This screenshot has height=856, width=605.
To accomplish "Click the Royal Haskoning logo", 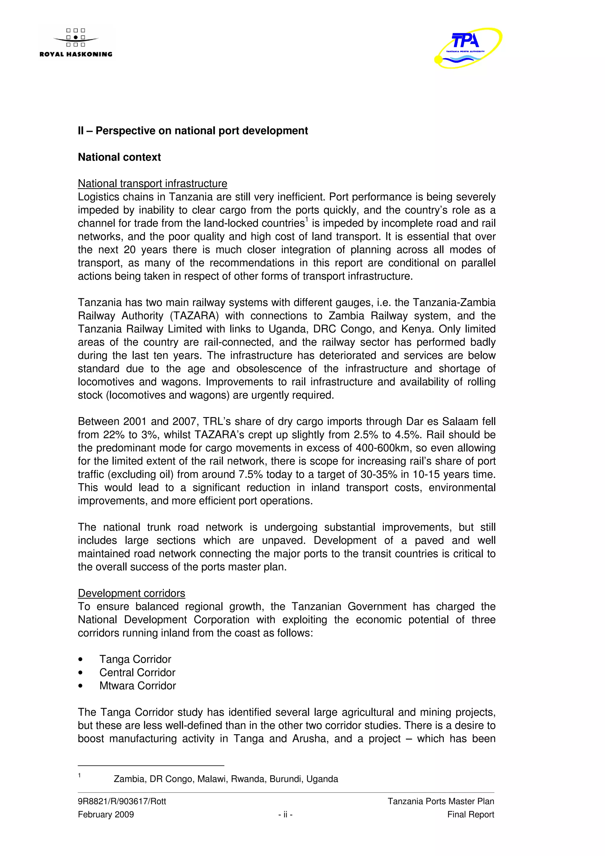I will coord(76,43).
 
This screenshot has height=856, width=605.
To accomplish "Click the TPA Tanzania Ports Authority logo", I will coord(468,48).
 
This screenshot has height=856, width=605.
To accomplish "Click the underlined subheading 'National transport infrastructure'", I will coord(152,183).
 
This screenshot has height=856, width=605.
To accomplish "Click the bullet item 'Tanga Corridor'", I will coord(135,659).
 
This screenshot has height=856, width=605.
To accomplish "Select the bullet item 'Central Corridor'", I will coord(137,672).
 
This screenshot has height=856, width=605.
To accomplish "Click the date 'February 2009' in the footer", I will coord(106,814).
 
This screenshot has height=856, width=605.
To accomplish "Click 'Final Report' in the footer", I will coord(470,814).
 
